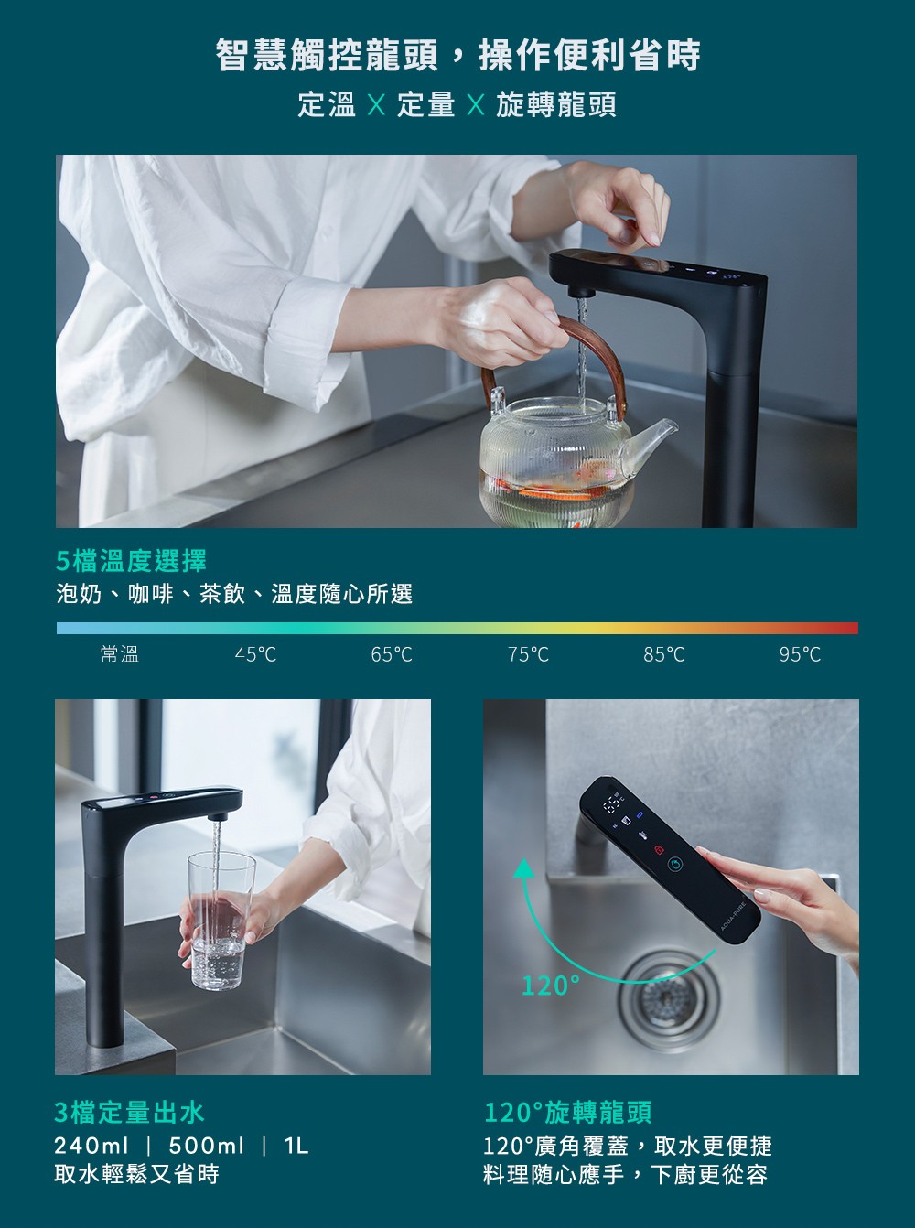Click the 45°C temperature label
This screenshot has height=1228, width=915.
tap(255, 654)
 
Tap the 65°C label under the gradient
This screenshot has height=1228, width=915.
tap(392, 654)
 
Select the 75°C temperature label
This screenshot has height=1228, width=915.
tap(528, 654)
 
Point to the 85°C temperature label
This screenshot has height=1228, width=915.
tap(664, 654)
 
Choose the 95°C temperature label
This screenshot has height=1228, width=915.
tap(800, 654)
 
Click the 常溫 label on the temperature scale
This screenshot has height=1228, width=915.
tap(120, 654)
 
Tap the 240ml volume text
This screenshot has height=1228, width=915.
tap(91, 1146)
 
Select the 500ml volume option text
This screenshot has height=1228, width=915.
tap(206, 1146)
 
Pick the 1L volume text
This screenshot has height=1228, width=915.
tap(296, 1146)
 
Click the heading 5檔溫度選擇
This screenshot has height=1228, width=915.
tap(131, 561)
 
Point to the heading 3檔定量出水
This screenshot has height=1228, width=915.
tap(130, 1113)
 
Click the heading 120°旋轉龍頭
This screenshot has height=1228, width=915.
tap(567, 1113)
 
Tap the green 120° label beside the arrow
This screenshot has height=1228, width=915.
tap(551, 985)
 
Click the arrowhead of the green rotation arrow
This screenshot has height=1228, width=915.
tap(523, 868)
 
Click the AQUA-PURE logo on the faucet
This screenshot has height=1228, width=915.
tap(733, 916)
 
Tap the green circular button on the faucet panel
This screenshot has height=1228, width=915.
tap(674, 864)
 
